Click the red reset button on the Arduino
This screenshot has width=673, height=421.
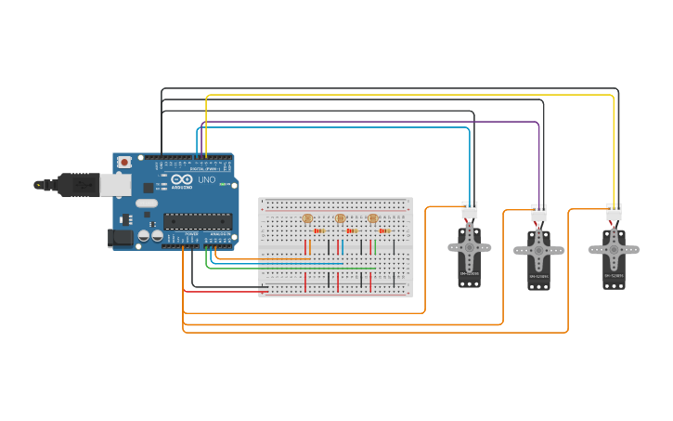tap(124, 162)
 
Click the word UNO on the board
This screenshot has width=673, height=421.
tap(206, 179)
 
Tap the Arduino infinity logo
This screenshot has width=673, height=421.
tap(182, 179)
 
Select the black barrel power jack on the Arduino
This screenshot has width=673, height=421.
tap(121, 238)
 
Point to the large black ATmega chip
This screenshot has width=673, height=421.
tap(198, 220)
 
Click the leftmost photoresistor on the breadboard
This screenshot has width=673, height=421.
tap(307, 218)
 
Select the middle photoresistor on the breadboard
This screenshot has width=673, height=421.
tap(340, 218)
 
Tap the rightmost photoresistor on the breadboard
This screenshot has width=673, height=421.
tap(373, 218)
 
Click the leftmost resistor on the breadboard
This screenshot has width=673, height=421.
tap(318, 230)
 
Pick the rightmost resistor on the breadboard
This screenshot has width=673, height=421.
tap(383, 230)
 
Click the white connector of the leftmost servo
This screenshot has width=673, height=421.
tap(470, 211)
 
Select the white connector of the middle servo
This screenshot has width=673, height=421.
tap(539, 214)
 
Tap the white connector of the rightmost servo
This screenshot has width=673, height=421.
tap(614, 212)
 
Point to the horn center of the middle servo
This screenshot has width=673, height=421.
tap(538, 250)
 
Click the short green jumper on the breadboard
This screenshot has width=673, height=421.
tap(373, 246)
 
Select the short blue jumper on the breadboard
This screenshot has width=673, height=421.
tap(341, 246)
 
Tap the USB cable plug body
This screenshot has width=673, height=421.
tap(78, 185)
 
